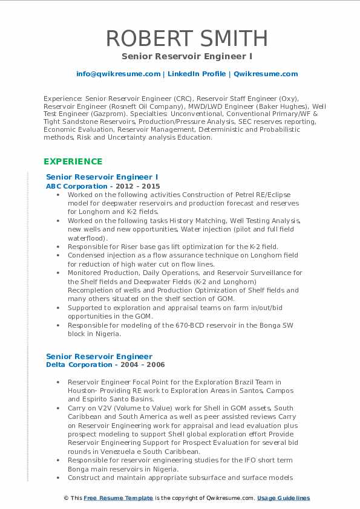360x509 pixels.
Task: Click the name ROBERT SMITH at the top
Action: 186,38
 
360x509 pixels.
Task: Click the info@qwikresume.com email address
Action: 118,74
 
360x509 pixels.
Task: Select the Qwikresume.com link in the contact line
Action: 266,74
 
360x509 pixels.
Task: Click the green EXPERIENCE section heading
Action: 73,161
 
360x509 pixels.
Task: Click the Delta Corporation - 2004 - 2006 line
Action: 105,365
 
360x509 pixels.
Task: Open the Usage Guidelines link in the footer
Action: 283,498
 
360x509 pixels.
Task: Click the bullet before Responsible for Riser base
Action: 57,247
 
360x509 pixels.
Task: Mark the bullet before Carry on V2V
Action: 57,408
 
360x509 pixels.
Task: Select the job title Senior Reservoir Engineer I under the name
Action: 186,56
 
